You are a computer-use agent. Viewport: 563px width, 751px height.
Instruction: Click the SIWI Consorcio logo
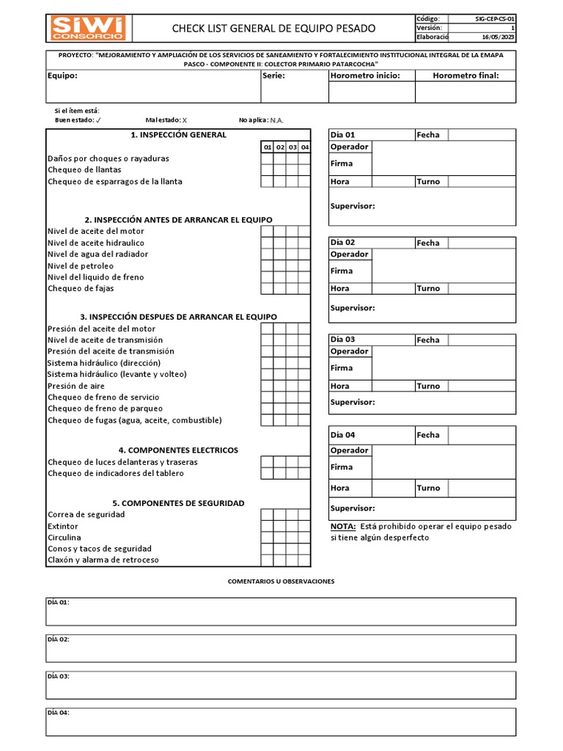(88, 28)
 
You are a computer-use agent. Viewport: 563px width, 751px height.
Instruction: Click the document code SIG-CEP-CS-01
(495, 18)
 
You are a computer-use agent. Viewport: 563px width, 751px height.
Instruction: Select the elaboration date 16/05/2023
(498, 37)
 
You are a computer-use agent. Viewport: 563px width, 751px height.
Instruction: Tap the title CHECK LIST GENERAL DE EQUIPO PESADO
(273, 29)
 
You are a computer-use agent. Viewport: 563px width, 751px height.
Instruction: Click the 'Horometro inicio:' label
(365, 76)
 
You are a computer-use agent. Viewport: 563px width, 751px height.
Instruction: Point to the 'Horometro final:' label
(466, 76)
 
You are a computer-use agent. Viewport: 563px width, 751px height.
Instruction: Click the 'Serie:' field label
(273, 76)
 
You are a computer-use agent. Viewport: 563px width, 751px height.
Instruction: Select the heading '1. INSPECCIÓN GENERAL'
(178, 135)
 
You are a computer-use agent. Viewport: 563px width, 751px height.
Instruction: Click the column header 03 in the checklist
(292, 147)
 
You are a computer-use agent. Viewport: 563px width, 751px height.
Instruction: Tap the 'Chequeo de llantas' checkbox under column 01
(268, 170)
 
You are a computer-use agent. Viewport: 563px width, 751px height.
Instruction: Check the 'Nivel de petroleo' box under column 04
(305, 265)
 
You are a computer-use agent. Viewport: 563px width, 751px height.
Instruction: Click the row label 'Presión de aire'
(76, 386)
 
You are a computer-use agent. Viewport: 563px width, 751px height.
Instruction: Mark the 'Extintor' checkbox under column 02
(280, 526)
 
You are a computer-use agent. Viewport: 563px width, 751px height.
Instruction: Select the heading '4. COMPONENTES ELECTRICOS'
(178, 450)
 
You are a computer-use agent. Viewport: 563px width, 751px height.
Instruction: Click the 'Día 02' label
(342, 243)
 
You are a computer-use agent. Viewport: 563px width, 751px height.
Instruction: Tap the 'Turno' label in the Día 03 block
(428, 386)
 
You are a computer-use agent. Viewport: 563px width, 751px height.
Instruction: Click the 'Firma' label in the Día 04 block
(342, 467)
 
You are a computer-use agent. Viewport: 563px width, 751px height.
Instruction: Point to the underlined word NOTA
(343, 527)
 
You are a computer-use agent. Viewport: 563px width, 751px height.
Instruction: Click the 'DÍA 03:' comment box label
(58, 676)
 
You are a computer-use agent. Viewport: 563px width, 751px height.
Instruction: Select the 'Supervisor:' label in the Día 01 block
(353, 206)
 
